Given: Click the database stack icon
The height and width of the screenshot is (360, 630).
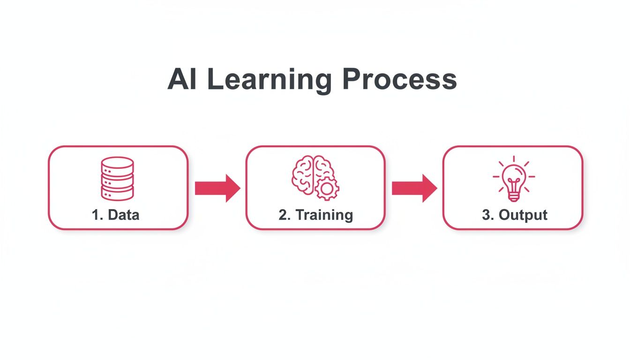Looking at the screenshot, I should click(117, 179).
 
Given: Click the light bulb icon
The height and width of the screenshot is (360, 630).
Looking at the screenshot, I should click(514, 179).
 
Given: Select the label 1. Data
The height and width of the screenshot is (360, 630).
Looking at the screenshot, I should click(116, 215).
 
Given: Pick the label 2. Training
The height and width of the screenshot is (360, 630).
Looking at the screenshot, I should click(315, 215).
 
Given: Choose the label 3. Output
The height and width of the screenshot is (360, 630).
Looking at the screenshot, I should click(514, 215).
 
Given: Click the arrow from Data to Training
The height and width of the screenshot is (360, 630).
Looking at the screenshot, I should click(217, 188).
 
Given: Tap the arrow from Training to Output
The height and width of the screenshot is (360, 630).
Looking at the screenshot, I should click(414, 188).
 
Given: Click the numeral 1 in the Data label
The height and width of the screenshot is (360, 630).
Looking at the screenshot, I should click(95, 215).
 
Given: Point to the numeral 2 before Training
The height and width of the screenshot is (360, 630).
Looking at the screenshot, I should click(283, 215).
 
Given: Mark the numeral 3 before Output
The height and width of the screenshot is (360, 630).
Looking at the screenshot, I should click(486, 215).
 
